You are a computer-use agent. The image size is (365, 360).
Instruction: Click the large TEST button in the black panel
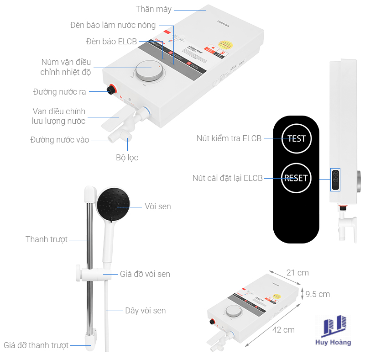pos(296,138)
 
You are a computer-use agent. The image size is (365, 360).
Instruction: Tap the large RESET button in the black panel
pos(296,178)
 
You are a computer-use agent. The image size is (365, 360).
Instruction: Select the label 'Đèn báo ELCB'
pos(111,42)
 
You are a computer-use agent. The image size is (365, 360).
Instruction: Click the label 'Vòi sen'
pos(157,206)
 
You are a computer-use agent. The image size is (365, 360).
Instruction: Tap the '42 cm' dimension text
pos(283,329)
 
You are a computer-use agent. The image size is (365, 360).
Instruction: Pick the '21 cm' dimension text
pos(297,273)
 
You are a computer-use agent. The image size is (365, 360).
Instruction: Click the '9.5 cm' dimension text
pos(318,294)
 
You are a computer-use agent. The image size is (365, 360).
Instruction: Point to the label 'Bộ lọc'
pos(127,158)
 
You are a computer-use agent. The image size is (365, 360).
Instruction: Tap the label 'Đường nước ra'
pos(59,92)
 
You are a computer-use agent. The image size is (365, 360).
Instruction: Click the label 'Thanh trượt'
pos(47,239)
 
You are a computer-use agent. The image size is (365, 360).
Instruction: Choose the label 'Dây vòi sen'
pos(145,311)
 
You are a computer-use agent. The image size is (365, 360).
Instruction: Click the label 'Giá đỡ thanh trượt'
pos(36,345)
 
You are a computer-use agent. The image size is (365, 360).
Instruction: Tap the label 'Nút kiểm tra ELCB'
pos(229,138)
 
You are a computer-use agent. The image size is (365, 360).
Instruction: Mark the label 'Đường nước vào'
pos(60,140)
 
